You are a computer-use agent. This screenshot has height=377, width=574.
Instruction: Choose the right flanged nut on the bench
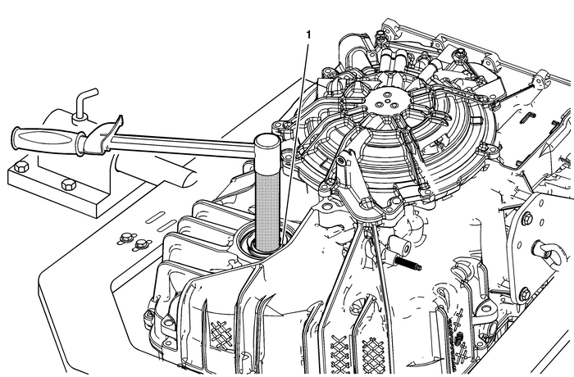coord(143,243)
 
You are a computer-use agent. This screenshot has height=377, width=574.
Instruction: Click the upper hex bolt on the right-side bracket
coord(526,218)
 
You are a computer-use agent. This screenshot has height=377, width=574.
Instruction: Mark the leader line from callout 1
coord(297,139)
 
